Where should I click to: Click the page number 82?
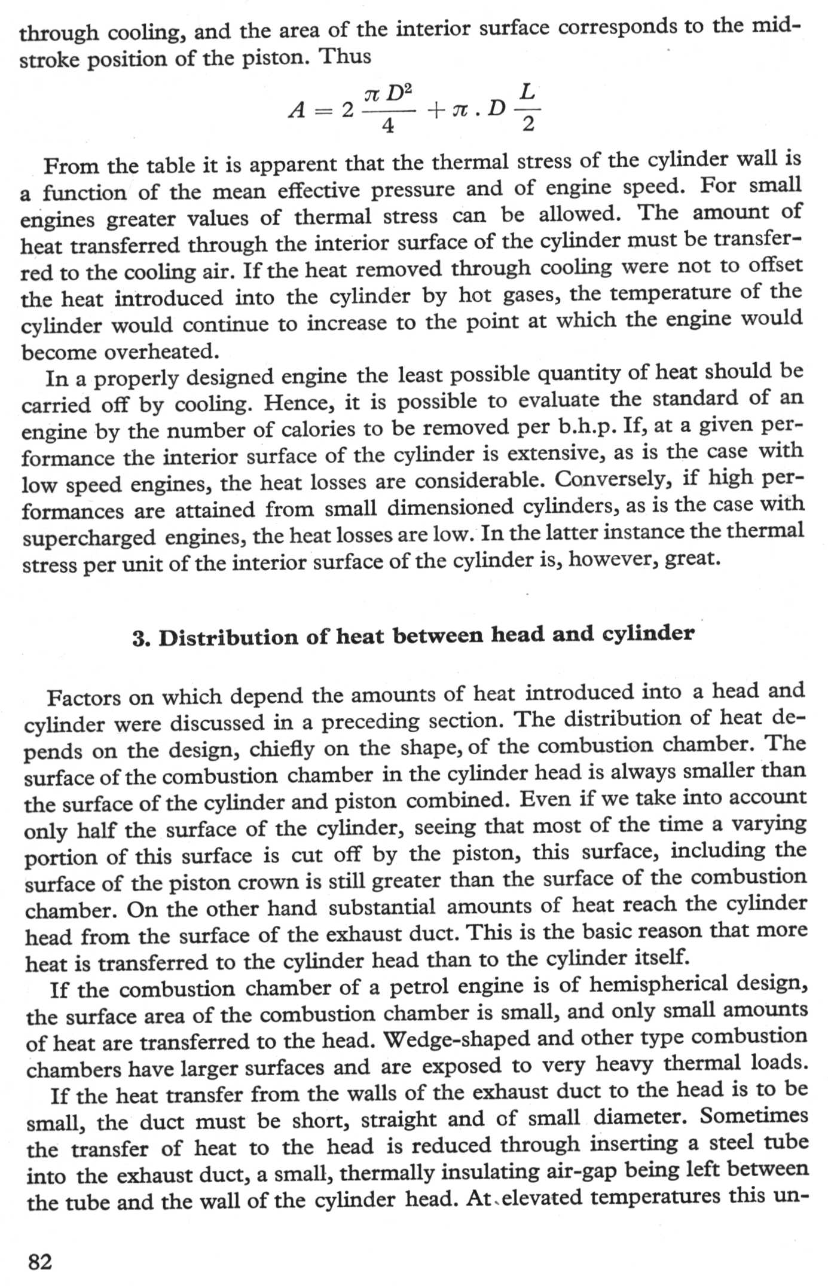coord(41,1261)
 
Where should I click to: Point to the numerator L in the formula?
coord(527,92)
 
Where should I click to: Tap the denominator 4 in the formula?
coord(388,126)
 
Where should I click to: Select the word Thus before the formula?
coord(345,57)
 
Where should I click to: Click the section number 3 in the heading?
coord(139,639)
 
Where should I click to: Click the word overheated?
coord(160,351)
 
